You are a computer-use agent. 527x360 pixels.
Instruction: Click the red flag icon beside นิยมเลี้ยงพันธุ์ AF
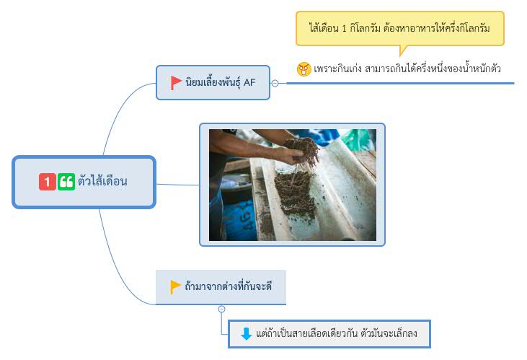176,83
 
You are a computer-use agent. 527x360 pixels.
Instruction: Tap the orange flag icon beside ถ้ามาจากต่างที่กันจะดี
175,287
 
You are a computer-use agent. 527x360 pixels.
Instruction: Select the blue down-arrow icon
247,334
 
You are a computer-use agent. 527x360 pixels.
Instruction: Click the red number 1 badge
48,182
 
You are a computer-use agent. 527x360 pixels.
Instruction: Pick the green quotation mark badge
66,182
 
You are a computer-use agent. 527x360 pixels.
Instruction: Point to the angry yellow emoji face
304,69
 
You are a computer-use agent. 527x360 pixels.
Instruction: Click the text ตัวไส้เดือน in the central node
102,181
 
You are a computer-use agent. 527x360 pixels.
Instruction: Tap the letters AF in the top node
249,82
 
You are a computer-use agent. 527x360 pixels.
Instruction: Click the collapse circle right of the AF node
275,83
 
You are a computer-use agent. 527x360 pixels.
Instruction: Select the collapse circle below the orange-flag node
221,309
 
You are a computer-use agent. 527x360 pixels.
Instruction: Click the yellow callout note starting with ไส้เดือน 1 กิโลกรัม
400,29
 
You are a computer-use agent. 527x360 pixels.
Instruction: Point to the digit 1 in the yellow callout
344,29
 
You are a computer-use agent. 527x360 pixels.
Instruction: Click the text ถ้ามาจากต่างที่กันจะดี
229,286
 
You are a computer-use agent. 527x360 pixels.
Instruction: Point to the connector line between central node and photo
178,185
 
